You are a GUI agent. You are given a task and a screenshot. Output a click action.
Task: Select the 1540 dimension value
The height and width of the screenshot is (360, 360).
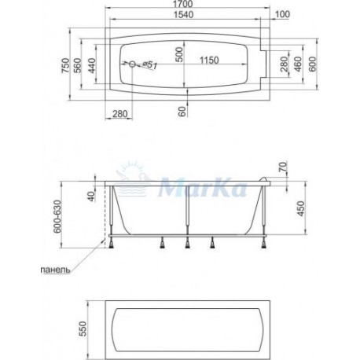pyautogui.click(x=184, y=15)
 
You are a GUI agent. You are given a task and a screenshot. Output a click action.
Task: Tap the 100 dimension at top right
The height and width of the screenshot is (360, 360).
pyautogui.click(x=283, y=14)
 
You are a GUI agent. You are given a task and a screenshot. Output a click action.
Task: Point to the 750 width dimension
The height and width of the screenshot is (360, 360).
pyautogui.click(x=65, y=65)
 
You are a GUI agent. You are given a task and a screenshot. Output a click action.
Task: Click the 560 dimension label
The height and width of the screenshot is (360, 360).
pyautogui.click(x=78, y=65)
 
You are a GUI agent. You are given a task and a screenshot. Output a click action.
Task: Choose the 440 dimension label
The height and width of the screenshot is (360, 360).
pyautogui.click(x=92, y=65)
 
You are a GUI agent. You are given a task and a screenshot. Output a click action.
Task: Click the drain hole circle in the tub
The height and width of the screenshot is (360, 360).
pyautogui.click(x=132, y=64)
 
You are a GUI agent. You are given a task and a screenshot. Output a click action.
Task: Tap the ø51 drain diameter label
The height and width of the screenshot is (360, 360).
pyautogui.click(x=149, y=65)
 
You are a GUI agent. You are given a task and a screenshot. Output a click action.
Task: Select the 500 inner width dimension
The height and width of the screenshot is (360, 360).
pyautogui.click(x=179, y=54)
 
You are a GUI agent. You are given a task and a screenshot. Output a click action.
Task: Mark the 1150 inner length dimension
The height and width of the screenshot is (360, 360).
pyautogui.click(x=209, y=61)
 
